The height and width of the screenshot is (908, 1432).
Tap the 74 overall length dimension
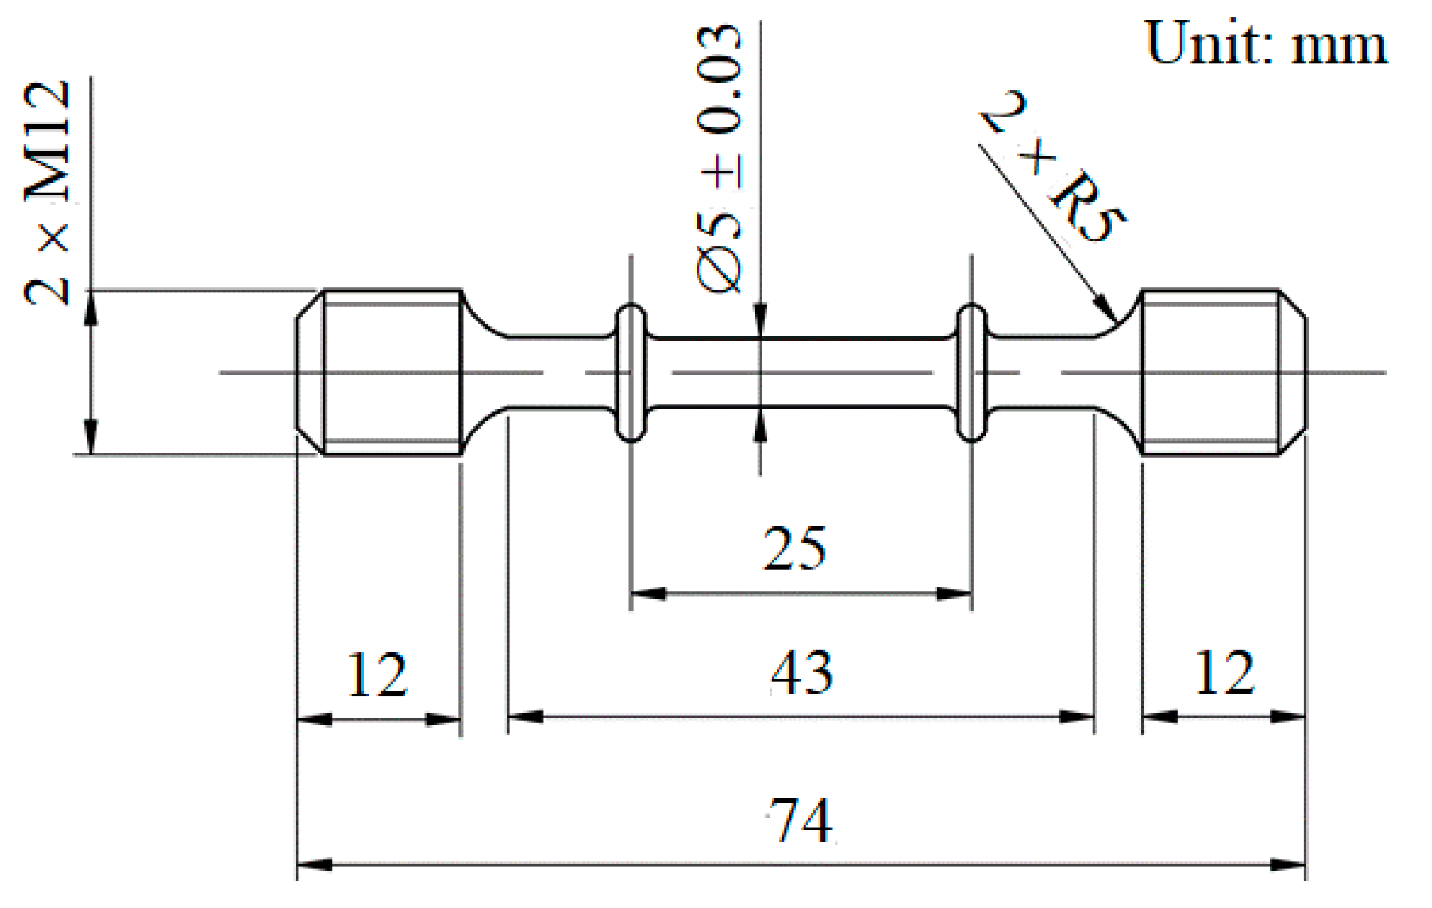coord(800,821)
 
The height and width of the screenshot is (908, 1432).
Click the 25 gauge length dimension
coord(795,548)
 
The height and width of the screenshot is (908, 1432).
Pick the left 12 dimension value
coord(377,675)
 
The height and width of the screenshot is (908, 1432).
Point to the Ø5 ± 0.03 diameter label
coord(719,159)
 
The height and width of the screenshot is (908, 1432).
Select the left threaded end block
coord(392,372)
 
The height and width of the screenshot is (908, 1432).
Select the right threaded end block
coord(1210,372)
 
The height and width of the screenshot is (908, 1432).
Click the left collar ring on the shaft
coord(630,372)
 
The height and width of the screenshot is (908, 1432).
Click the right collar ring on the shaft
coord(971,372)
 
